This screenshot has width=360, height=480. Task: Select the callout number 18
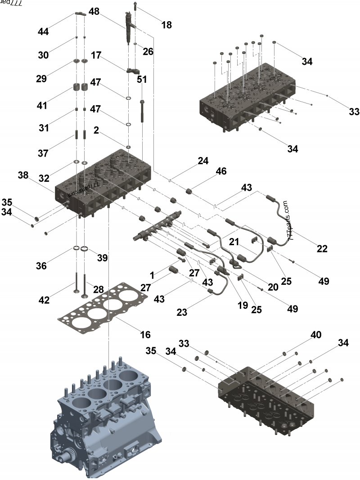(x=166, y=25)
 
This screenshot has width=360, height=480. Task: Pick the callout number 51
(x=142, y=80)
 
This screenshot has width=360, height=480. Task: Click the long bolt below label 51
(x=142, y=110)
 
